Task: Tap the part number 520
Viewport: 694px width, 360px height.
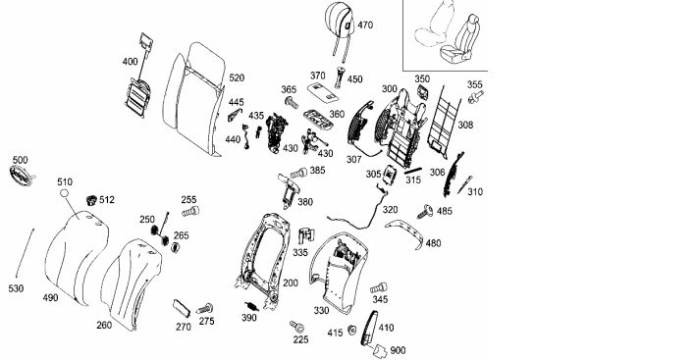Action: [237, 77]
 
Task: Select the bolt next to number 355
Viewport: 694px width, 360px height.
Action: [476, 97]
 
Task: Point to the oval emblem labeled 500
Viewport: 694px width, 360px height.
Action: [20, 175]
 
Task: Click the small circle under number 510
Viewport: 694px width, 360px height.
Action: [64, 193]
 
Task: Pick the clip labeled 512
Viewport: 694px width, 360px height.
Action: [91, 200]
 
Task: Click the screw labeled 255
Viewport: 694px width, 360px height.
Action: [190, 212]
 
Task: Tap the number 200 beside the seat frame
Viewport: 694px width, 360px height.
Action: [291, 283]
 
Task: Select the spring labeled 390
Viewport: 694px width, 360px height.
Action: [252, 306]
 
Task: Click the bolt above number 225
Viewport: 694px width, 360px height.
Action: [297, 327]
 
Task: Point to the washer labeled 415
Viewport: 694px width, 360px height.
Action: [352, 330]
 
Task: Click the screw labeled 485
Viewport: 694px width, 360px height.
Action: [424, 212]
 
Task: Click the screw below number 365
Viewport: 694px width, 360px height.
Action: [292, 102]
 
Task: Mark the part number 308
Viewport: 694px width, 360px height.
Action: [465, 126]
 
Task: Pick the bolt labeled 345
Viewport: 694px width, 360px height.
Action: [379, 288]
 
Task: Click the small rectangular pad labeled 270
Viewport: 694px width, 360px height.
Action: [182, 308]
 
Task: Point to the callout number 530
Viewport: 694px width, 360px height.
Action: [16, 288]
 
